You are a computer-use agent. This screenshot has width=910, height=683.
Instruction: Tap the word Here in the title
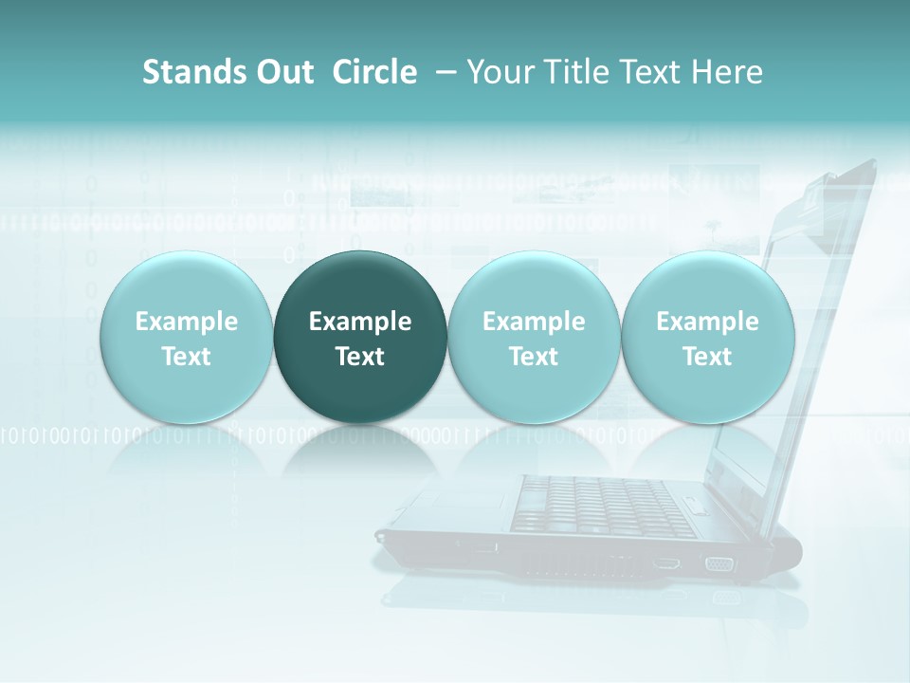tap(727, 72)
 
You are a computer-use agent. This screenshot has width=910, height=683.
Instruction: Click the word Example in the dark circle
tap(360, 322)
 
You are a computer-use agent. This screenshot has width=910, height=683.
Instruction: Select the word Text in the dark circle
tap(360, 357)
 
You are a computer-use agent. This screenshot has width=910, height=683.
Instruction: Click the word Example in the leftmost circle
tap(186, 322)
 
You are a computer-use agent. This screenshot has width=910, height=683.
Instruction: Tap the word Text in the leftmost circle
tap(186, 357)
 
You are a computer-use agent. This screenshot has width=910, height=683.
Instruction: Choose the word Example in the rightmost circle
tap(707, 322)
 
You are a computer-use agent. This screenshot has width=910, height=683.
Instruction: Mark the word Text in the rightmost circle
tap(707, 357)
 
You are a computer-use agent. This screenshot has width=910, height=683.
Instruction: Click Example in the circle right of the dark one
tap(534, 322)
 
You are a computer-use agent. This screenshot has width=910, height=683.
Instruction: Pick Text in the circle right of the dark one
tap(534, 357)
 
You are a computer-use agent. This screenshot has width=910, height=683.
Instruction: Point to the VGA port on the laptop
tap(719, 563)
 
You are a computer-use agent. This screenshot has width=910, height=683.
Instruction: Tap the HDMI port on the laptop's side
tap(665, 563)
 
